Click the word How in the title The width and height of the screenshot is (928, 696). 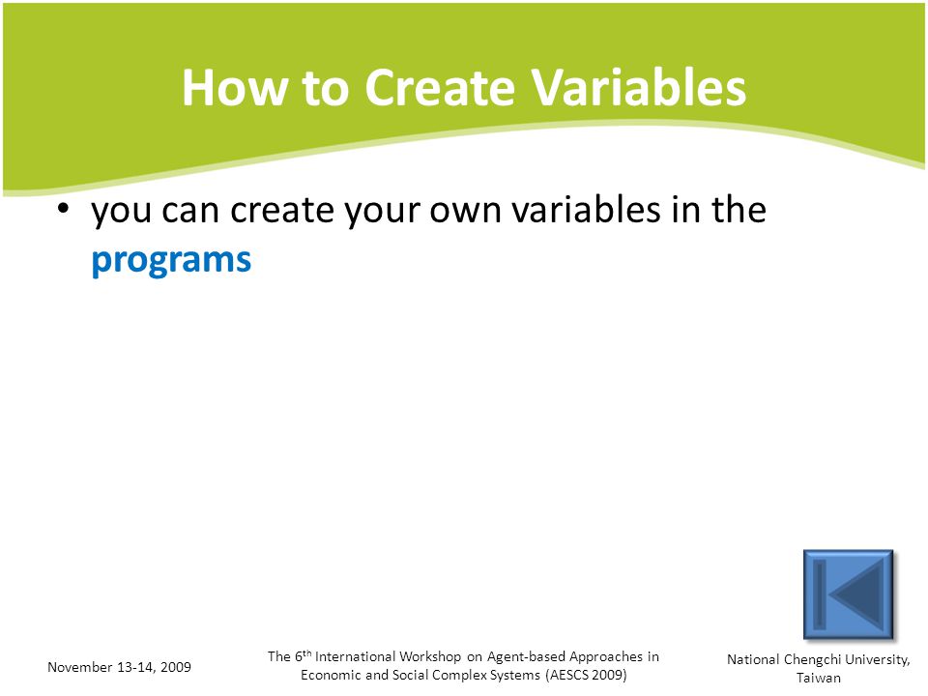(235, 88)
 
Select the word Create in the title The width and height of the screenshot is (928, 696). (440, 88)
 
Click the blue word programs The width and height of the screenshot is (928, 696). (172, 261)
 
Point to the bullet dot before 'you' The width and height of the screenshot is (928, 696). (64, 209)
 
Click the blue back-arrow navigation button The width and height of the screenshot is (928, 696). (848, 594)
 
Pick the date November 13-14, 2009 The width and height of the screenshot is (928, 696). (120, 667)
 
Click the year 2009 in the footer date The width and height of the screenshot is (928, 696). (176, 667)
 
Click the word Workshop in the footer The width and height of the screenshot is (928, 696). (430, 656)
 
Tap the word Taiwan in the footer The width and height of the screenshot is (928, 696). (819, 679)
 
